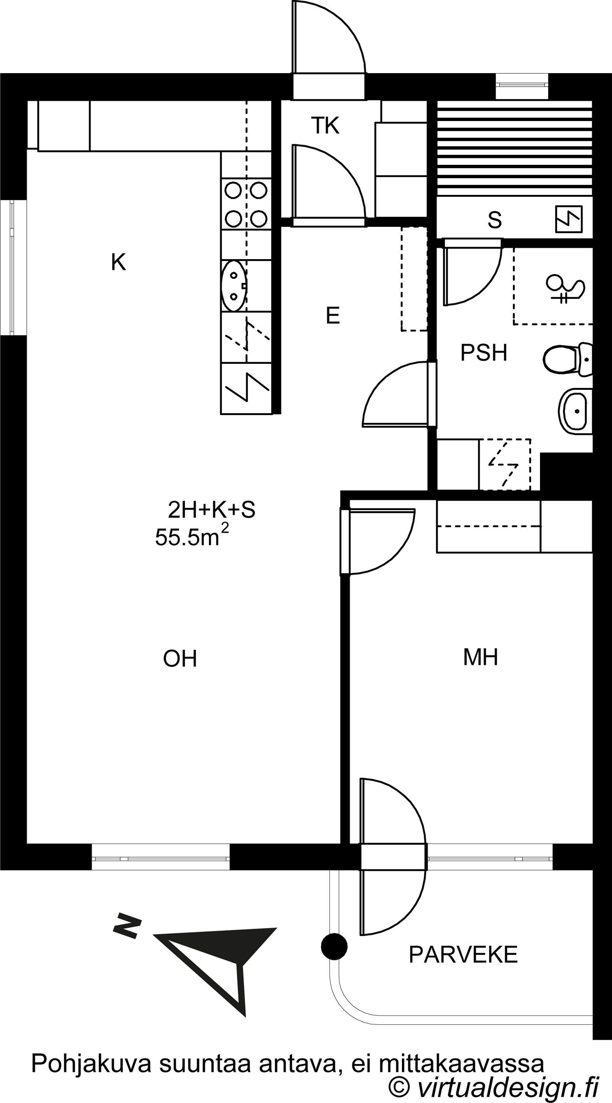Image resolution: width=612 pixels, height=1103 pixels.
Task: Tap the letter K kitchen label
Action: [119, 262]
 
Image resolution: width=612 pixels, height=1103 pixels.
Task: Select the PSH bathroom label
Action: [484, 352]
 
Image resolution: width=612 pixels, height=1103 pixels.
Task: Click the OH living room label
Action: [180, 659]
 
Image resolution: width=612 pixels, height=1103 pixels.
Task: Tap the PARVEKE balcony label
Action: [463, 954]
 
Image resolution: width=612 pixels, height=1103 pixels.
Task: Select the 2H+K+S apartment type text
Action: [212, 510]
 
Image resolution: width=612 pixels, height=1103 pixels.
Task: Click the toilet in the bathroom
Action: [568, 359]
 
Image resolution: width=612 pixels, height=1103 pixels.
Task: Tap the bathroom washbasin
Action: [575, 411]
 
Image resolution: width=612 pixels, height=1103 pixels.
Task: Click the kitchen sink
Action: [234, 286]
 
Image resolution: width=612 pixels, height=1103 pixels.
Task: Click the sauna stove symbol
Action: [569, 219]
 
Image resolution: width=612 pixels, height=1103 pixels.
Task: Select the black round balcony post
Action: [334, 946]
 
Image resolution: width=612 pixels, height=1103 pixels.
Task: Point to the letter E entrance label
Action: [333, 316]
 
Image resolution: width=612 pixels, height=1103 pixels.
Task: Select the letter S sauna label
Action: [495, 220]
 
